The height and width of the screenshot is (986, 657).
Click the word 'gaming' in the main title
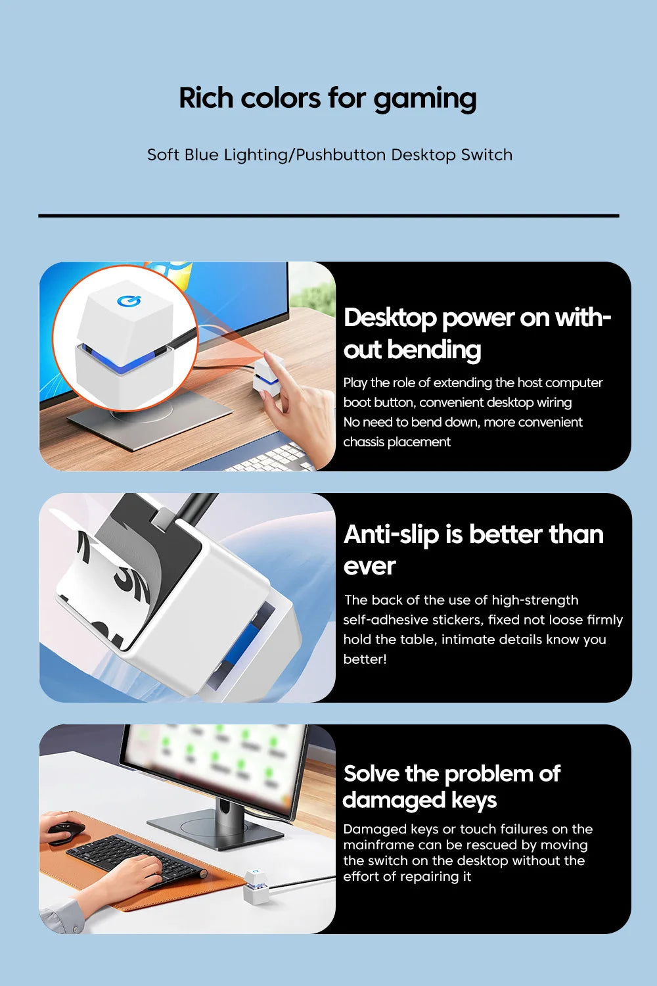425,99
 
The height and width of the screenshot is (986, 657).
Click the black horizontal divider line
328,216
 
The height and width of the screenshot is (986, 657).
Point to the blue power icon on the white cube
129,301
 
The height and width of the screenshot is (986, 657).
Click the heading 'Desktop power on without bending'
477,333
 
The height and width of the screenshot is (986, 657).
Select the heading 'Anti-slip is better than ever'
474,550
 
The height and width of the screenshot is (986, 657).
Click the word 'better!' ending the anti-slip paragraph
365,659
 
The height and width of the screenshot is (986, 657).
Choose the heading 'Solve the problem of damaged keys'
451,787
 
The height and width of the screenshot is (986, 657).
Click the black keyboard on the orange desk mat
137,859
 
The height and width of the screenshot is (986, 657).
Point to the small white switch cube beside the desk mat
256,887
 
